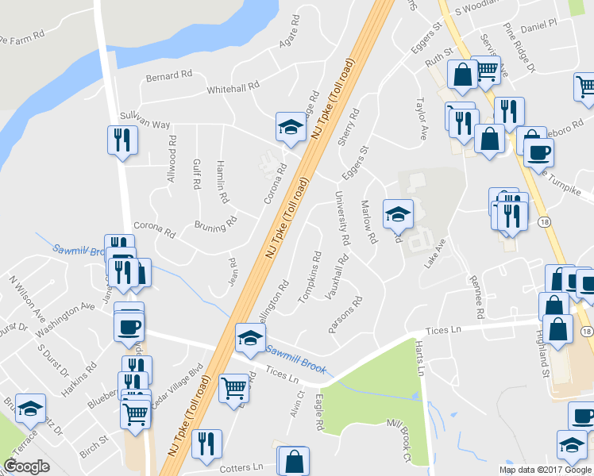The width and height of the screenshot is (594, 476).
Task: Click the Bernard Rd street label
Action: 169,76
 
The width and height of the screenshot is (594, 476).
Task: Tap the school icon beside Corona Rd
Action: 291,127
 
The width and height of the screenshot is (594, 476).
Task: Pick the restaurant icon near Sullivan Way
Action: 122,140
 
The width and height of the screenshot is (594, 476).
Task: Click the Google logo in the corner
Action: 27,466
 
